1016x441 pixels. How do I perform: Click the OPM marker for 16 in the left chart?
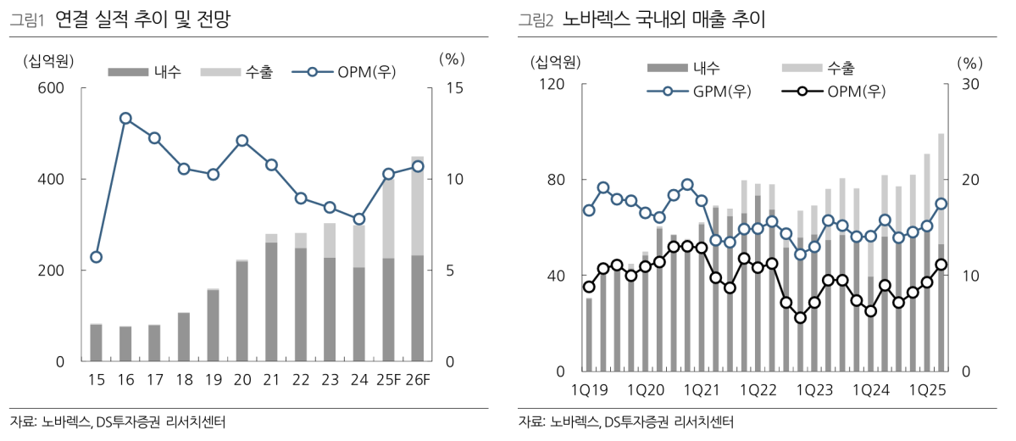[125, 119]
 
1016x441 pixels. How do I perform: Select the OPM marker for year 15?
[96, 257]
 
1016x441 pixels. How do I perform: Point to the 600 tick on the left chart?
[53, 88]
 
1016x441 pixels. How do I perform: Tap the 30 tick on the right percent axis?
[969, 84]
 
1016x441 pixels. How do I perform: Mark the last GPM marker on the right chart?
[941, 204]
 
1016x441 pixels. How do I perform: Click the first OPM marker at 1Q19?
[589, 287]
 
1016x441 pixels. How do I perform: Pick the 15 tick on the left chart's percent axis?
[452, 88]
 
